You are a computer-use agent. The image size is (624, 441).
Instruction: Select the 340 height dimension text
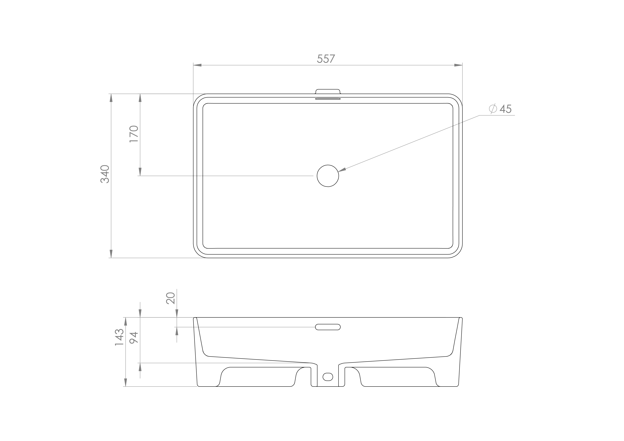pyautogui.click(x=105, y=174)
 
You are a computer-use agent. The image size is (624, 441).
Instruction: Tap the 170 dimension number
pyautogui.click(x=134, y=134)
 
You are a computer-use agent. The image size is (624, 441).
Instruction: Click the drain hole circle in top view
pyautogui.click(x=328, y=176)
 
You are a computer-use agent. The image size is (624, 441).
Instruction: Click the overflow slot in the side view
pyautogui.click(x=328, y=327)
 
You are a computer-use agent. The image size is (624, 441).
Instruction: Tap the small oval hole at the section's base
pyautogui.click(x=328, y=377)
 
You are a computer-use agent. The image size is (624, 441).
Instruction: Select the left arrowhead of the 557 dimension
pyautogui.click(x=197, y=65)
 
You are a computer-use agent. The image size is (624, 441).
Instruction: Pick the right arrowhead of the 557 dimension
pyautogui.click(x=458, y=65)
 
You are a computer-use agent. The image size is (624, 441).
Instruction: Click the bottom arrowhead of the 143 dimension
pyautogui.click(x=126, y=382)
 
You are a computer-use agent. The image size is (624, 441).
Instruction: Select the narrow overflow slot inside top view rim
pyautogui.click(x=328, y=99)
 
